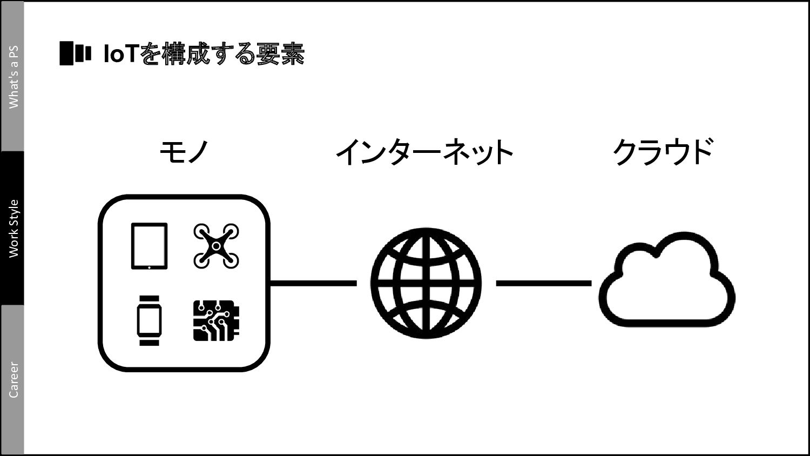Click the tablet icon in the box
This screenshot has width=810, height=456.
point(149,245)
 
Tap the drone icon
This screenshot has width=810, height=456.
point(216,246)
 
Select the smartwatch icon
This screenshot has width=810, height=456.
point(149,320)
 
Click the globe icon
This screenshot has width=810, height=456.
point(426,283)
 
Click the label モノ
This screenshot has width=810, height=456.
point(184,152)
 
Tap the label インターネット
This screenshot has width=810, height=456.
point(424,152)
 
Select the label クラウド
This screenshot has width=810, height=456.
point(663,152)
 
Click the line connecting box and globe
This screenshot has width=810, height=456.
point(313,283)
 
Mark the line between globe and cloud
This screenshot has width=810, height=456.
point(543,283)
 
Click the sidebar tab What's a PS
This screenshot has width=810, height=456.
point(12,76)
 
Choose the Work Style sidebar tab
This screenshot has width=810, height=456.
point(12,228)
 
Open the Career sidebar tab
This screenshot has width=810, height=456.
point(12,379)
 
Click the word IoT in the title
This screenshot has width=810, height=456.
point(122,54)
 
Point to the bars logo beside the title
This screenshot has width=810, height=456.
point(75,53)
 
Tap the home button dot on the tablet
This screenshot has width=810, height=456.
point(149,266)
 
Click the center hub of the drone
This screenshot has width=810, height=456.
point(216,246)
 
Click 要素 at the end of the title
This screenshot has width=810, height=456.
point(281,54)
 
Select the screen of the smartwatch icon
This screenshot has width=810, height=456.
point(149,320)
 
